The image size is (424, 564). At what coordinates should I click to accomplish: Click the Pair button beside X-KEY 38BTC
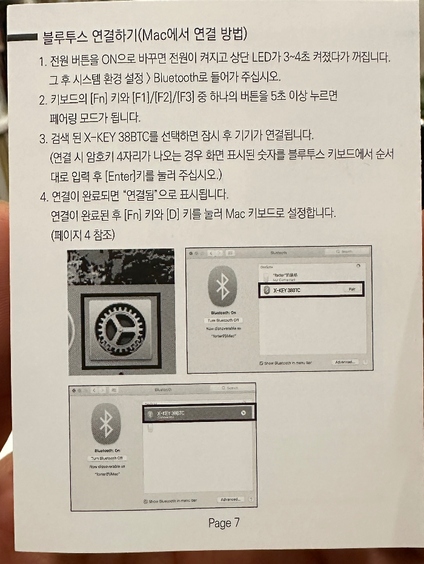351,290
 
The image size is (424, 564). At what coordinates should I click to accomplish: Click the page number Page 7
224,523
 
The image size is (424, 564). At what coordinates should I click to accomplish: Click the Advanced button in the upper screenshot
345,362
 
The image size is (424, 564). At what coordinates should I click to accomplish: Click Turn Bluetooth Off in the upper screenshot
224,320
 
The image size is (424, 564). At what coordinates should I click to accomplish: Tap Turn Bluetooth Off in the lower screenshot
107,459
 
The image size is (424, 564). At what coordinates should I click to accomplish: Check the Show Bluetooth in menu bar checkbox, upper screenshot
260,363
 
